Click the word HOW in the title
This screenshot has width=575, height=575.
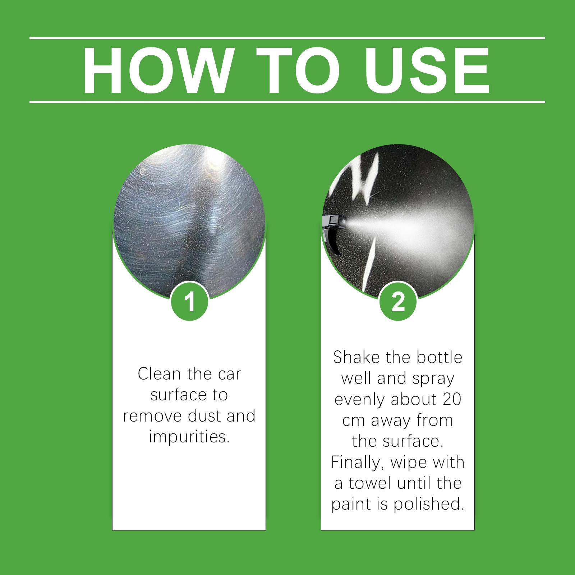[156, 70]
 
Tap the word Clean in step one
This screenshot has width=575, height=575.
[159, 374]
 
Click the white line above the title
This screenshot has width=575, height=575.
[287, 38]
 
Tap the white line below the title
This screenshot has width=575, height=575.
[287, 102]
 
